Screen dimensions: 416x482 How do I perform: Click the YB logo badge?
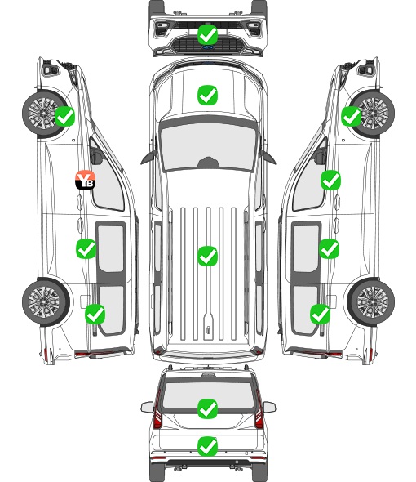coord(85,180)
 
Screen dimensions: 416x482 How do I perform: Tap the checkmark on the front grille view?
coord(207,34)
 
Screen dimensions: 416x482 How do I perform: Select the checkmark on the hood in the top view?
coord(207,95)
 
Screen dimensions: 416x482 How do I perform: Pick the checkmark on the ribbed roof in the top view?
coord(207,256)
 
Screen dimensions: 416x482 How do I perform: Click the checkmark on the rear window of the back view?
coord(207,408)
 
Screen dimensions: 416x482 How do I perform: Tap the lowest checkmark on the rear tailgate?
coord(207,446)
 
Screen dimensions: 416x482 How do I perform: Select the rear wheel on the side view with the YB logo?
coord(46,302)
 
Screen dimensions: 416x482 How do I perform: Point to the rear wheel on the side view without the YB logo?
coord(371,302)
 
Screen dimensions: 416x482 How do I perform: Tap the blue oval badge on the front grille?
coord(207,47)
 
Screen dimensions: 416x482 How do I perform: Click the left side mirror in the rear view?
coord(147,408)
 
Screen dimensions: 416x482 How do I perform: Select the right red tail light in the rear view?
coord(259,410)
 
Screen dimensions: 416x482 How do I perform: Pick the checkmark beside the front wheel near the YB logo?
coord(64,116)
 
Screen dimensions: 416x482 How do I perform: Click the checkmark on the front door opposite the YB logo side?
coord(330,180)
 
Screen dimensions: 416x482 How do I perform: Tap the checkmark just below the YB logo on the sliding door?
coord(86,248)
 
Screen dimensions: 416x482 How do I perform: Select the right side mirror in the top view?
coord(268,157)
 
